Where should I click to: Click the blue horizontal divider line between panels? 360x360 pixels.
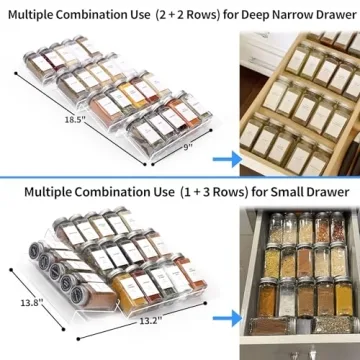[180, 177]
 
